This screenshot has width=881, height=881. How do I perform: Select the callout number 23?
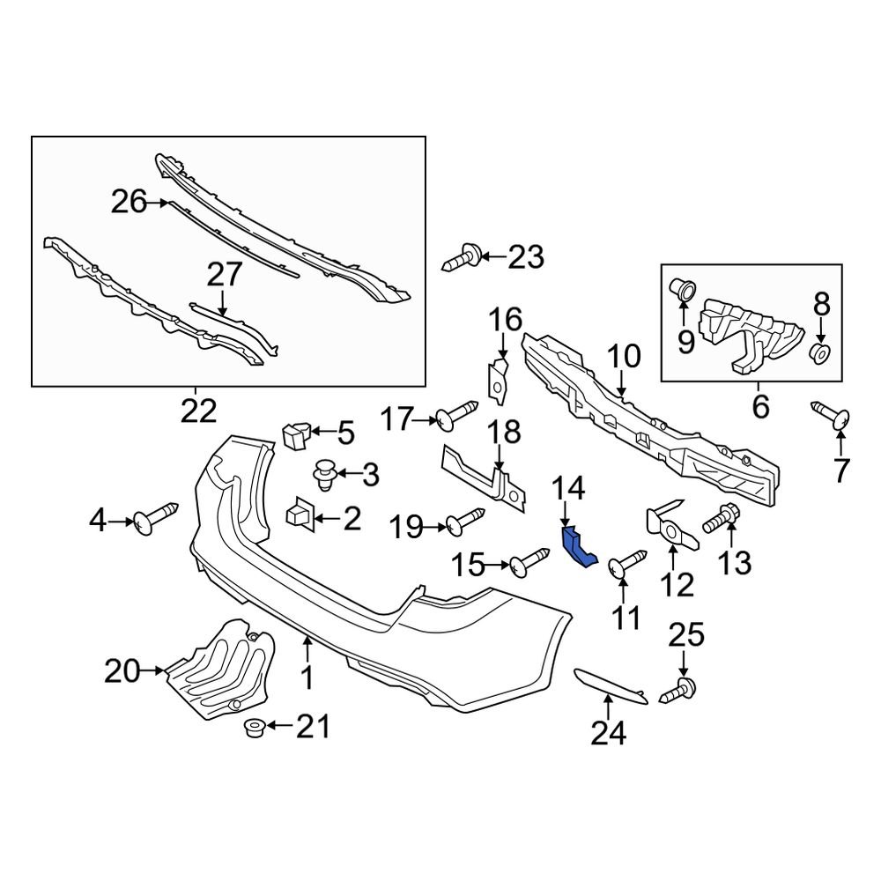click(525, 257)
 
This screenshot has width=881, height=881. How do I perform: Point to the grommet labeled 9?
click(683, 287)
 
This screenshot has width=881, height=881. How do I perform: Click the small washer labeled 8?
click(819, 353)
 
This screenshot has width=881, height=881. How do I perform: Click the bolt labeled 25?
click(681, 689)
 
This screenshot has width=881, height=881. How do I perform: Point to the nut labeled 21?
click(255, 728)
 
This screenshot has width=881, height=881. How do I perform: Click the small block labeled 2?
click(301, 512)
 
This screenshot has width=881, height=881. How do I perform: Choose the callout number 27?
click(223, 275)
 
